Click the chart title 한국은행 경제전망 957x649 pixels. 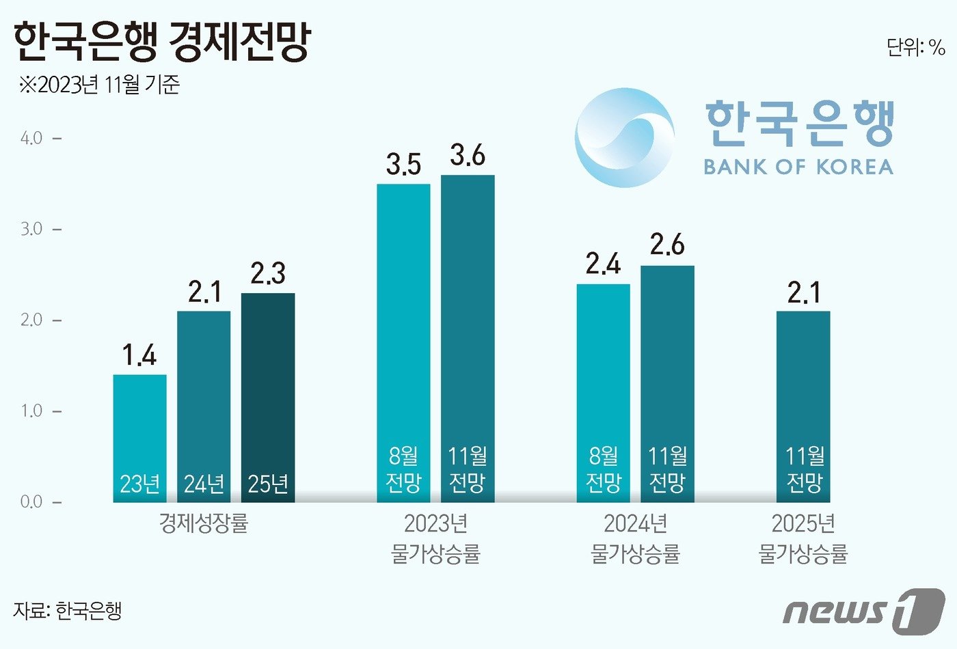[162, 42]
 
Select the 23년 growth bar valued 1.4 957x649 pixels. [139, 437]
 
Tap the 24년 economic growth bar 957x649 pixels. [204, 406]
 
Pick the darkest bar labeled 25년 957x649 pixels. [268, 396]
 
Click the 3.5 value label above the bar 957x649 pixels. [403, 165]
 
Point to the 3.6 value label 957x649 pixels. [468, 156]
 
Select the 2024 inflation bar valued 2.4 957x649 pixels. [603, 393]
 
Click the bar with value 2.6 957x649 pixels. [667, 383]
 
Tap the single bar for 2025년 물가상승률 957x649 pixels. [803, 406]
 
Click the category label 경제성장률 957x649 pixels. [204, 524]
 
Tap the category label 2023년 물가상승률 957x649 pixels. [435, 538]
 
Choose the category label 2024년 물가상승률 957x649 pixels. [635, 538]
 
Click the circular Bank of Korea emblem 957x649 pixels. [624, 137]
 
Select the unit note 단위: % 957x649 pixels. [915, 47]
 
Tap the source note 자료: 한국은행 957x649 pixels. [67, 610]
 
